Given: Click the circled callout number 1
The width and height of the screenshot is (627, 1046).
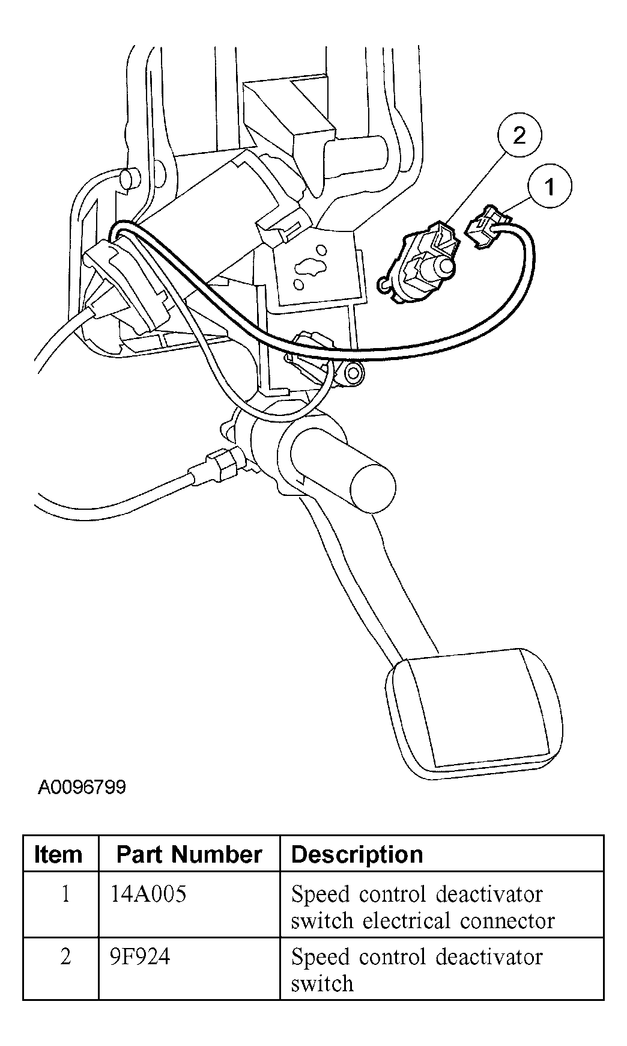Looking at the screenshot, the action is (x=550, y=187).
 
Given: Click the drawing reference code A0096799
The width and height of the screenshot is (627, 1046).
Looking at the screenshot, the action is (x=82, y=787).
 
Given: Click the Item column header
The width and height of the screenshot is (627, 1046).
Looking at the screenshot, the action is (x=58, y=854).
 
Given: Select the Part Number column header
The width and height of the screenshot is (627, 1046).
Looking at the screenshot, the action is (x=189, y=854).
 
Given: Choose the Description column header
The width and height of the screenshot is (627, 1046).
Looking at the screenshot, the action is (x=357, y=854).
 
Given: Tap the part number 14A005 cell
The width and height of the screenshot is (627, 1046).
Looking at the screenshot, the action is (x=148, y=894).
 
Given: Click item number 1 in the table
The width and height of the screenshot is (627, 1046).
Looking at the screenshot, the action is (x=65, y=894).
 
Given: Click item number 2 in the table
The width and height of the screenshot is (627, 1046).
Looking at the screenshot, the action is (x=65, y=956).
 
